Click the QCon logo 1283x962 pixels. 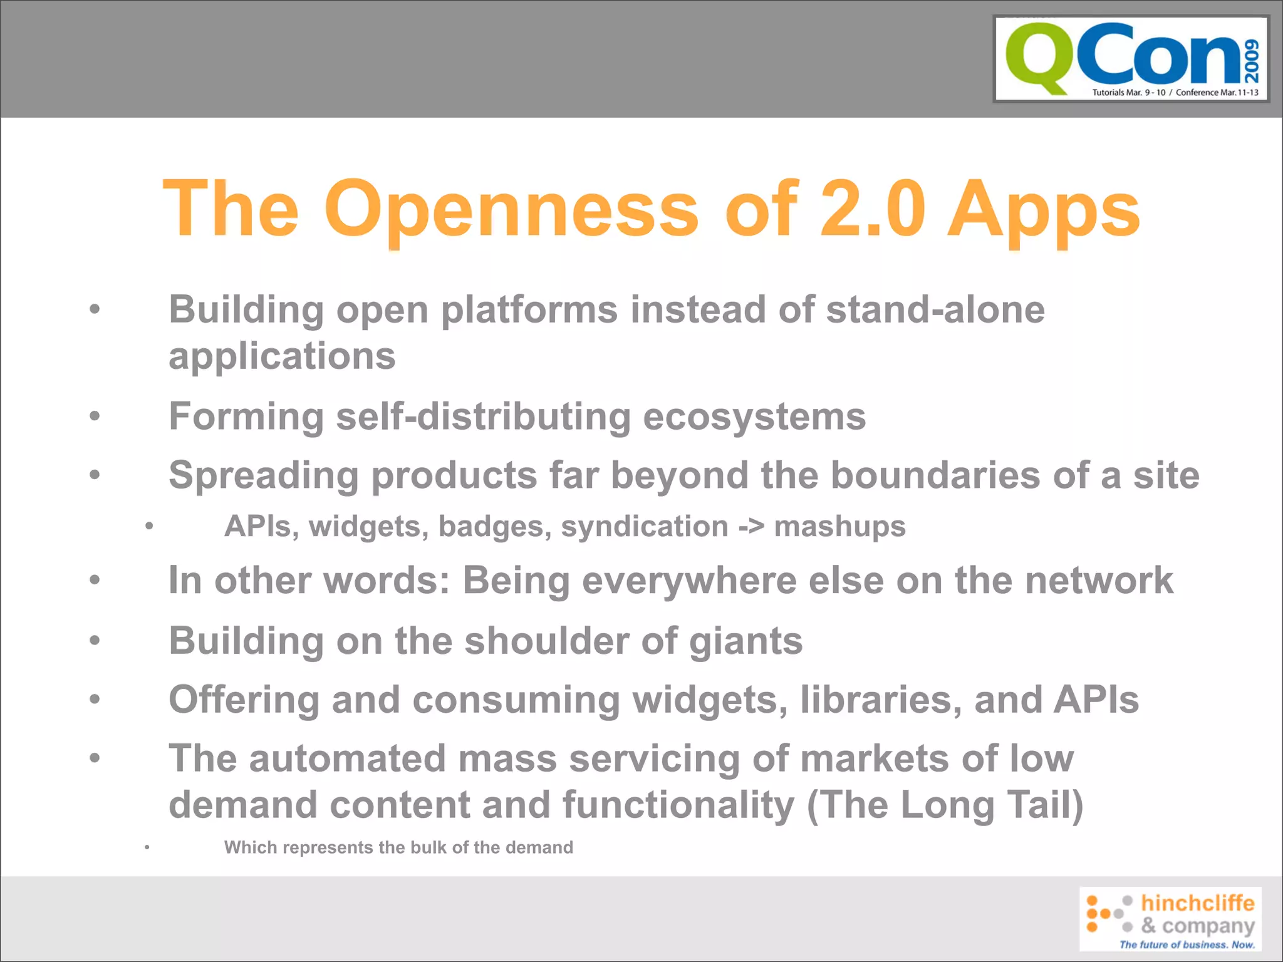[1131, 59]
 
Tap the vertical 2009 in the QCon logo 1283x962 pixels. [1251, 61]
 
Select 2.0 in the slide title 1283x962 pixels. [873, 209]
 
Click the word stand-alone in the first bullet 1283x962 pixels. [935, 309]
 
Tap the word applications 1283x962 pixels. [282, 356]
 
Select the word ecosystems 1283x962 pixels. [754, 416]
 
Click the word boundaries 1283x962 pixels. [935, 475]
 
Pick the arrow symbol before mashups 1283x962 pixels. [751, 526]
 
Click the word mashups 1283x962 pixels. [840, 527]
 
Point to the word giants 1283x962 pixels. [745, 641]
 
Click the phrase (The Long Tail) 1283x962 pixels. [945, 805]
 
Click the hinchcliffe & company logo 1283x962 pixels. [1170, 918]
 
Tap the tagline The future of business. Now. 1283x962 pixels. [1187, 944]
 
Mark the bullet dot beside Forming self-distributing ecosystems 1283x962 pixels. [95, 415]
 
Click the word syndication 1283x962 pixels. [644, 527]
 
